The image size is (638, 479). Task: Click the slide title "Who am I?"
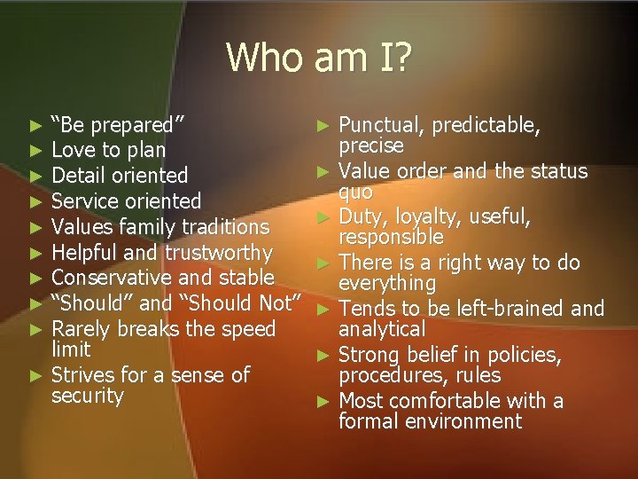[x=318, y=59]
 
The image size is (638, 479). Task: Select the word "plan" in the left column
[x=145, y=150]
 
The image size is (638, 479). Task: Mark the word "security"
[x=88, y=396]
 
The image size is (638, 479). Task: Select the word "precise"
[x=371, y=145]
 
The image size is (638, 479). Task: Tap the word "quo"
[x=355, y=192]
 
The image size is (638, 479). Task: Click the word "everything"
[x=387, y=284]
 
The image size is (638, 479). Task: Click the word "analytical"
[x=382, y=329]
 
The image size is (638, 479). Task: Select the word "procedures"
[x=393, y=376]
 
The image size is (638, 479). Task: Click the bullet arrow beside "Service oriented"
[x=35, y=201]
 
